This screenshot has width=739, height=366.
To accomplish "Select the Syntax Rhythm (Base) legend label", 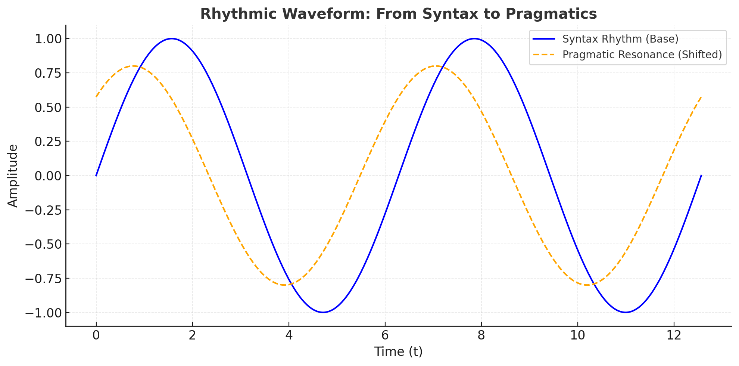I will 620,39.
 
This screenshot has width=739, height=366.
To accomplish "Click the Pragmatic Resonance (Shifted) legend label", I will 642,55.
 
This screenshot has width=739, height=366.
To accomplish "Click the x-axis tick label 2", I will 192,335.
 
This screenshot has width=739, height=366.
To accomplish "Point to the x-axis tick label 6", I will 385,335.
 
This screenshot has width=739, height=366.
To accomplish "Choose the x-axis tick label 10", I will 577,335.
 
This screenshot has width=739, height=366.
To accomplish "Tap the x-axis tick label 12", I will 674,335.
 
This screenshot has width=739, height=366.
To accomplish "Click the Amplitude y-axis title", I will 13,176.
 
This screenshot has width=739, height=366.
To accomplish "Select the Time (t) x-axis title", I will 398,352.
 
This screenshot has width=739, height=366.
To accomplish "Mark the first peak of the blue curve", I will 172,38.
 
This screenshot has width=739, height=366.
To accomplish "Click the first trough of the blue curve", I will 323,313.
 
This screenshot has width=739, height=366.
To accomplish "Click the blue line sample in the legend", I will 543,39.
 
